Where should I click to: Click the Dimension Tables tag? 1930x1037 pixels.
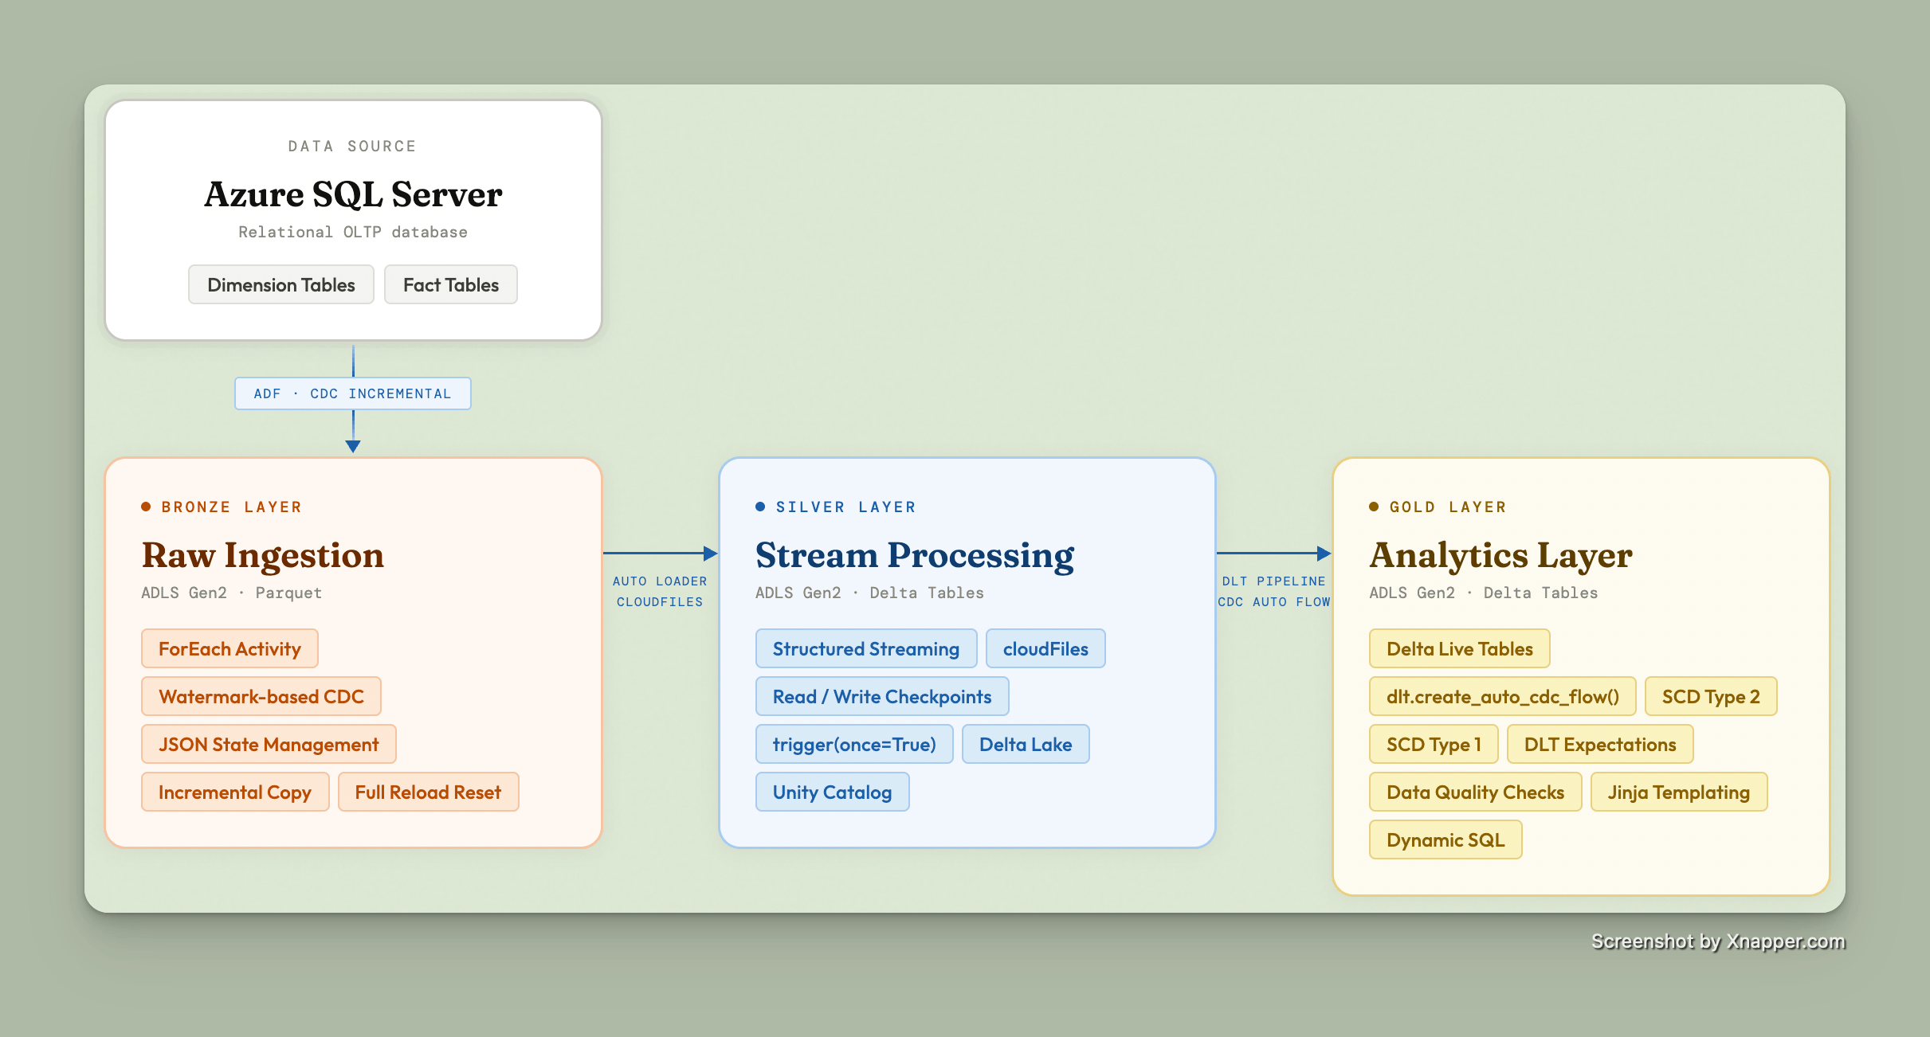pos(280,285)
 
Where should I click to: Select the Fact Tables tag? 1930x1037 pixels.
pos(450,285)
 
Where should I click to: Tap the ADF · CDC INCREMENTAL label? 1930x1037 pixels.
pos(352,393)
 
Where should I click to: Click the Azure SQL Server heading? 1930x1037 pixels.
pos(353,194)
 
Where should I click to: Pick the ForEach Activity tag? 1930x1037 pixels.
pos(229,649)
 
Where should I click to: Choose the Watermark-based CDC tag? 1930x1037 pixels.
pos(261,697)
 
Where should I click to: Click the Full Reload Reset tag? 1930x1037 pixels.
pos(428,792)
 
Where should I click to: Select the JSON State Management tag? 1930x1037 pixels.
pos(269,745)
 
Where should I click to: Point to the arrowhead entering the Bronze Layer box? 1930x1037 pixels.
pos(353,446)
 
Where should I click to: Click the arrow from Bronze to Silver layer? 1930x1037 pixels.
pos(660,553)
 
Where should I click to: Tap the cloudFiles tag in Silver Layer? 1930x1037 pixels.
pos(1045,649)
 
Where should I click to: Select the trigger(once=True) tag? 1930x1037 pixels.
pos(853,745)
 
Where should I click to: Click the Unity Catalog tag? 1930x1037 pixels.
pos(832,792)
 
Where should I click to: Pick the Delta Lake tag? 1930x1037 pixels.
pos(1025,745)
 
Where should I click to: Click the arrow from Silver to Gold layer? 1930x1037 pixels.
pos(1273,553)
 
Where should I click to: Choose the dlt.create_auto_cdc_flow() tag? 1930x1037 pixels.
pos(1502,697)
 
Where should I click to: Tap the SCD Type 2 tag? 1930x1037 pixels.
pos(1710,697)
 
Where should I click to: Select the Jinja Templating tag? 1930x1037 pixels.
pos(1678,792)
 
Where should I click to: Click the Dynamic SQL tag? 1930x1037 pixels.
pos(1445,840)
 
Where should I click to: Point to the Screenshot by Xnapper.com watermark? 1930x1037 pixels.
pos(1718,941)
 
